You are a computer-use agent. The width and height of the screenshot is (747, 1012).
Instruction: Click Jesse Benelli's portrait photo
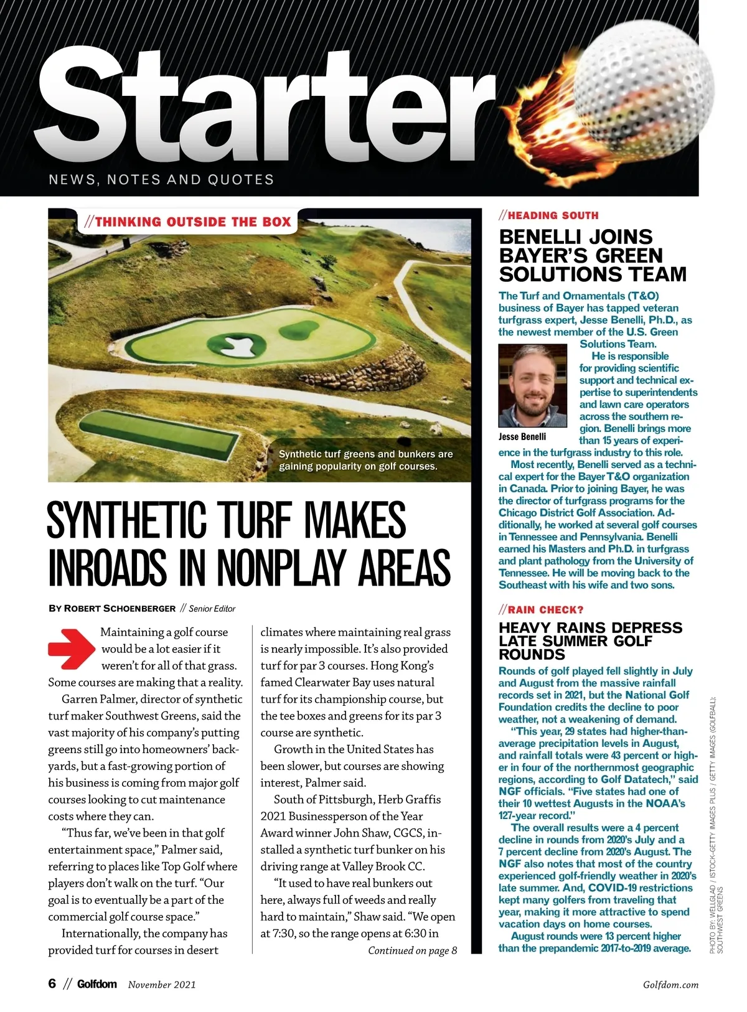click(x=532, y=386)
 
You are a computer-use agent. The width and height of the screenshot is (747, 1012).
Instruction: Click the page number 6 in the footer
click(x=52, y=983)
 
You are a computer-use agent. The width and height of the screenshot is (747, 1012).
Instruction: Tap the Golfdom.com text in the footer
click(x=670, y=985)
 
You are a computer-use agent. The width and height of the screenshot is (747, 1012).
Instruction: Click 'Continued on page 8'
click(x=412, y=950)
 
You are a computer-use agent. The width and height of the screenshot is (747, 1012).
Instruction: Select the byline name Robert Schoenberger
click(x=119, y=608)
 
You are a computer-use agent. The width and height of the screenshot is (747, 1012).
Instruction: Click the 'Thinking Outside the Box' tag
click(x=188, y=222)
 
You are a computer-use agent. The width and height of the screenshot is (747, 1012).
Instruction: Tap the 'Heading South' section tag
click(x=548, y=215)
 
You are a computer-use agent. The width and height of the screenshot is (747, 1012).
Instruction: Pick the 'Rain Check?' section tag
click(x=541, y=609)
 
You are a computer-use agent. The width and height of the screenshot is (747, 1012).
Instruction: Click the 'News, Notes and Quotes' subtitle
click(x=161, y=180)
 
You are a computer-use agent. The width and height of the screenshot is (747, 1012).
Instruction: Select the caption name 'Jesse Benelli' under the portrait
click(x=522, y=436)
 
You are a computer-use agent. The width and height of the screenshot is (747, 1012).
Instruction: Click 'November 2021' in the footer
click(x=162, y=985)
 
